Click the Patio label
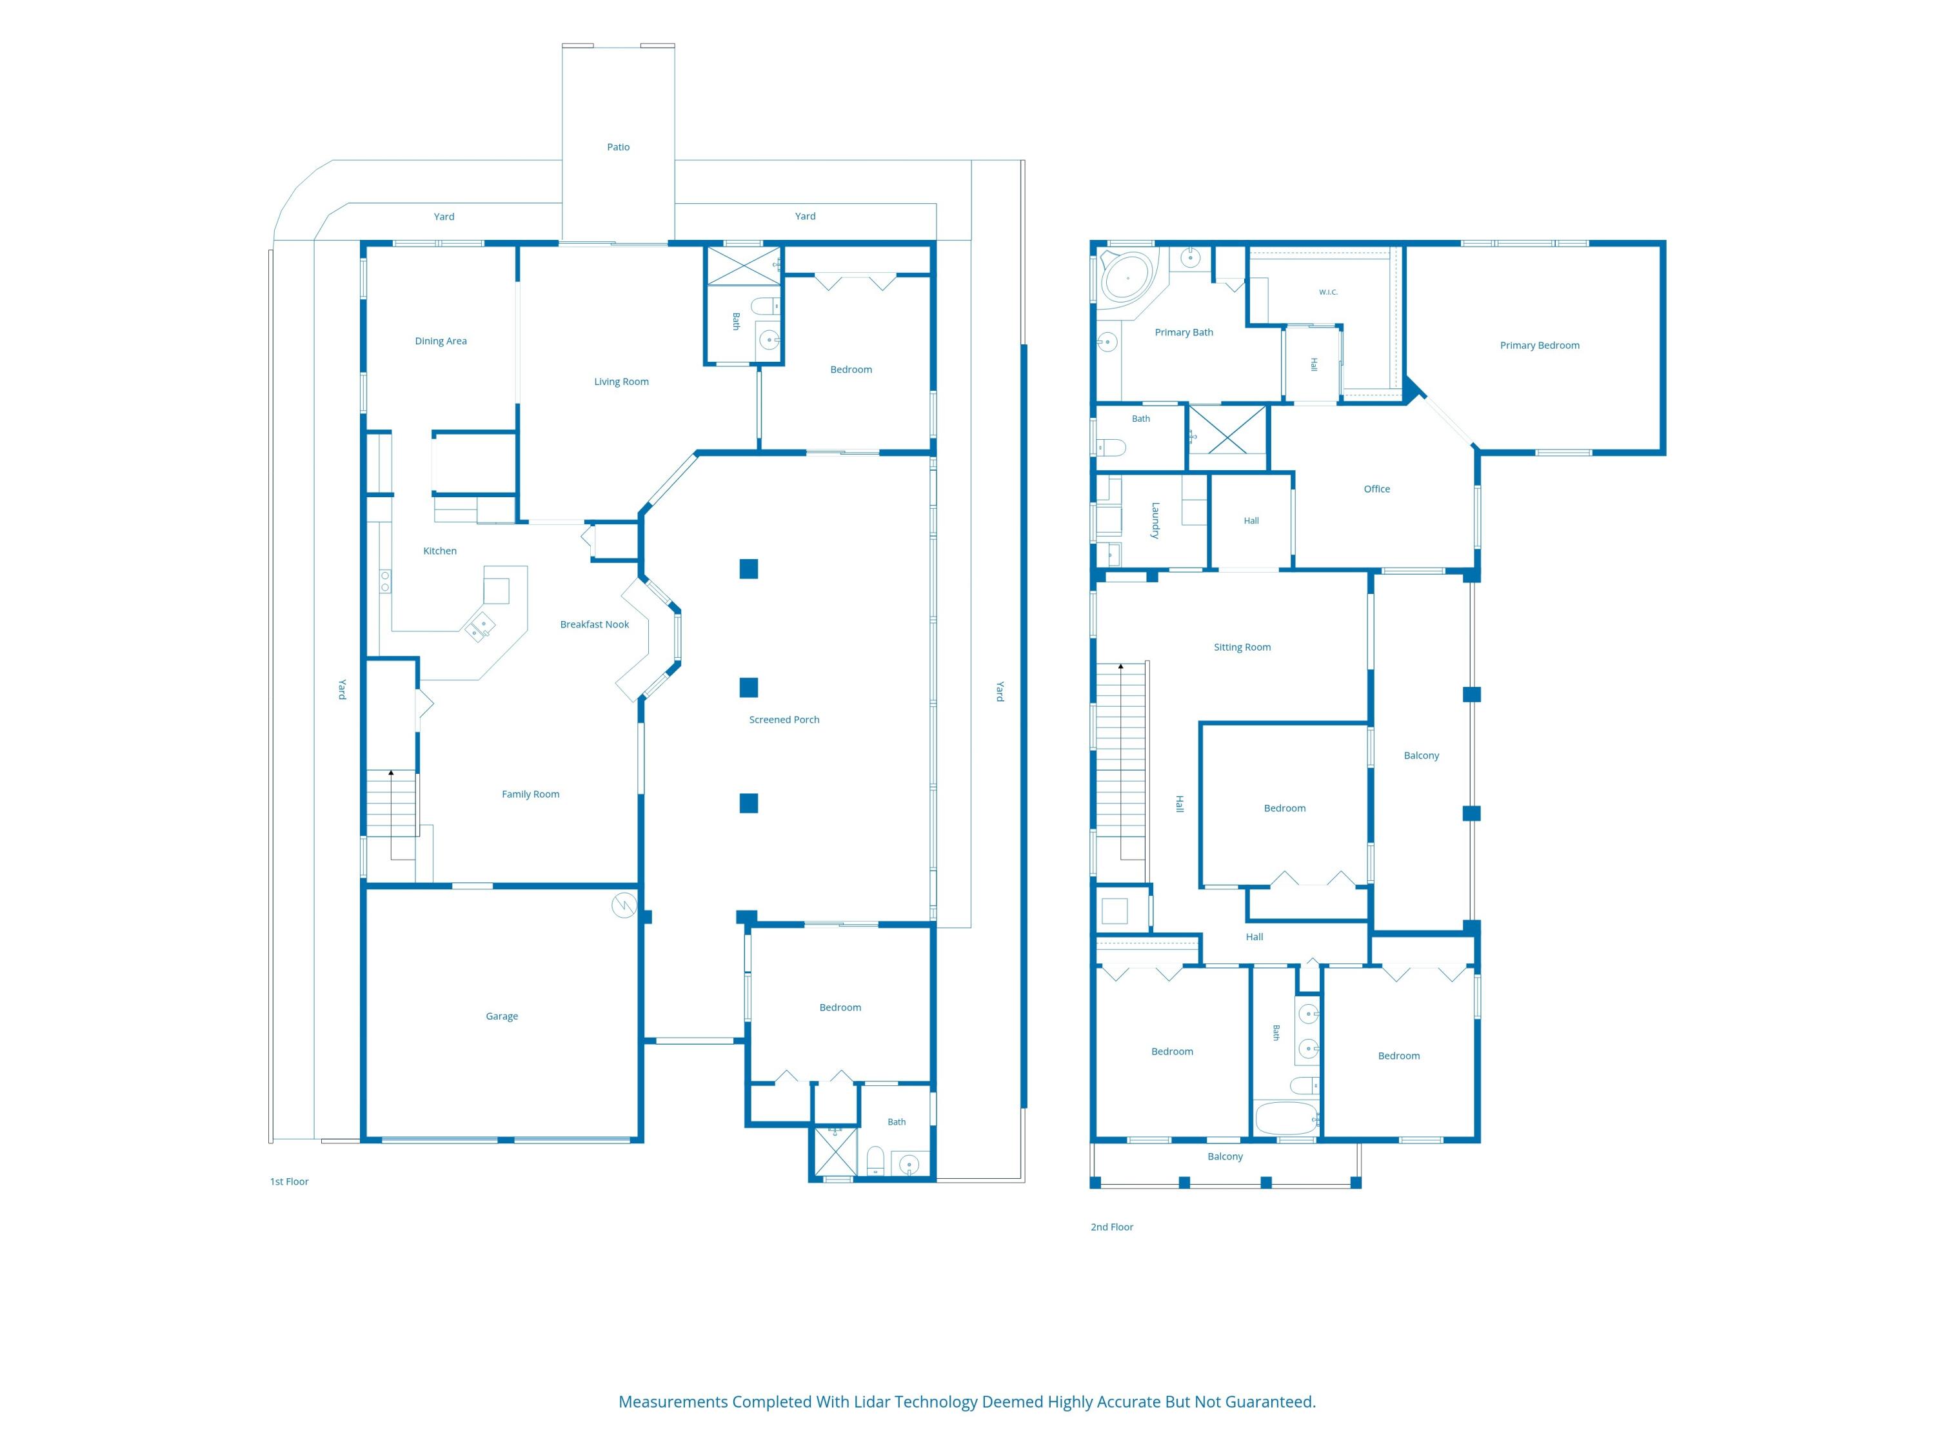click(619, 147)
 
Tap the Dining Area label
click(441, 341)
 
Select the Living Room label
click(621, 381)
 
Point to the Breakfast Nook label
click(594, 624)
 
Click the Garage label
click(502, 1016)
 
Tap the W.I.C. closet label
click(1328, 292)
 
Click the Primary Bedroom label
click(1540, 346)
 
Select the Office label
click(1377, 489)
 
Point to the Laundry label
click(1155, 520)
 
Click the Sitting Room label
click(1242, 647)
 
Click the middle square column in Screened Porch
click(749, 687)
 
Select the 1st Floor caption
click(290, 1181)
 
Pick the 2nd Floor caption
click(1112, 1227)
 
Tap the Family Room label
click(530, 794)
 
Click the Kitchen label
click(440, 551)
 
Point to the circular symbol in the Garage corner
click(624, 905)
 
